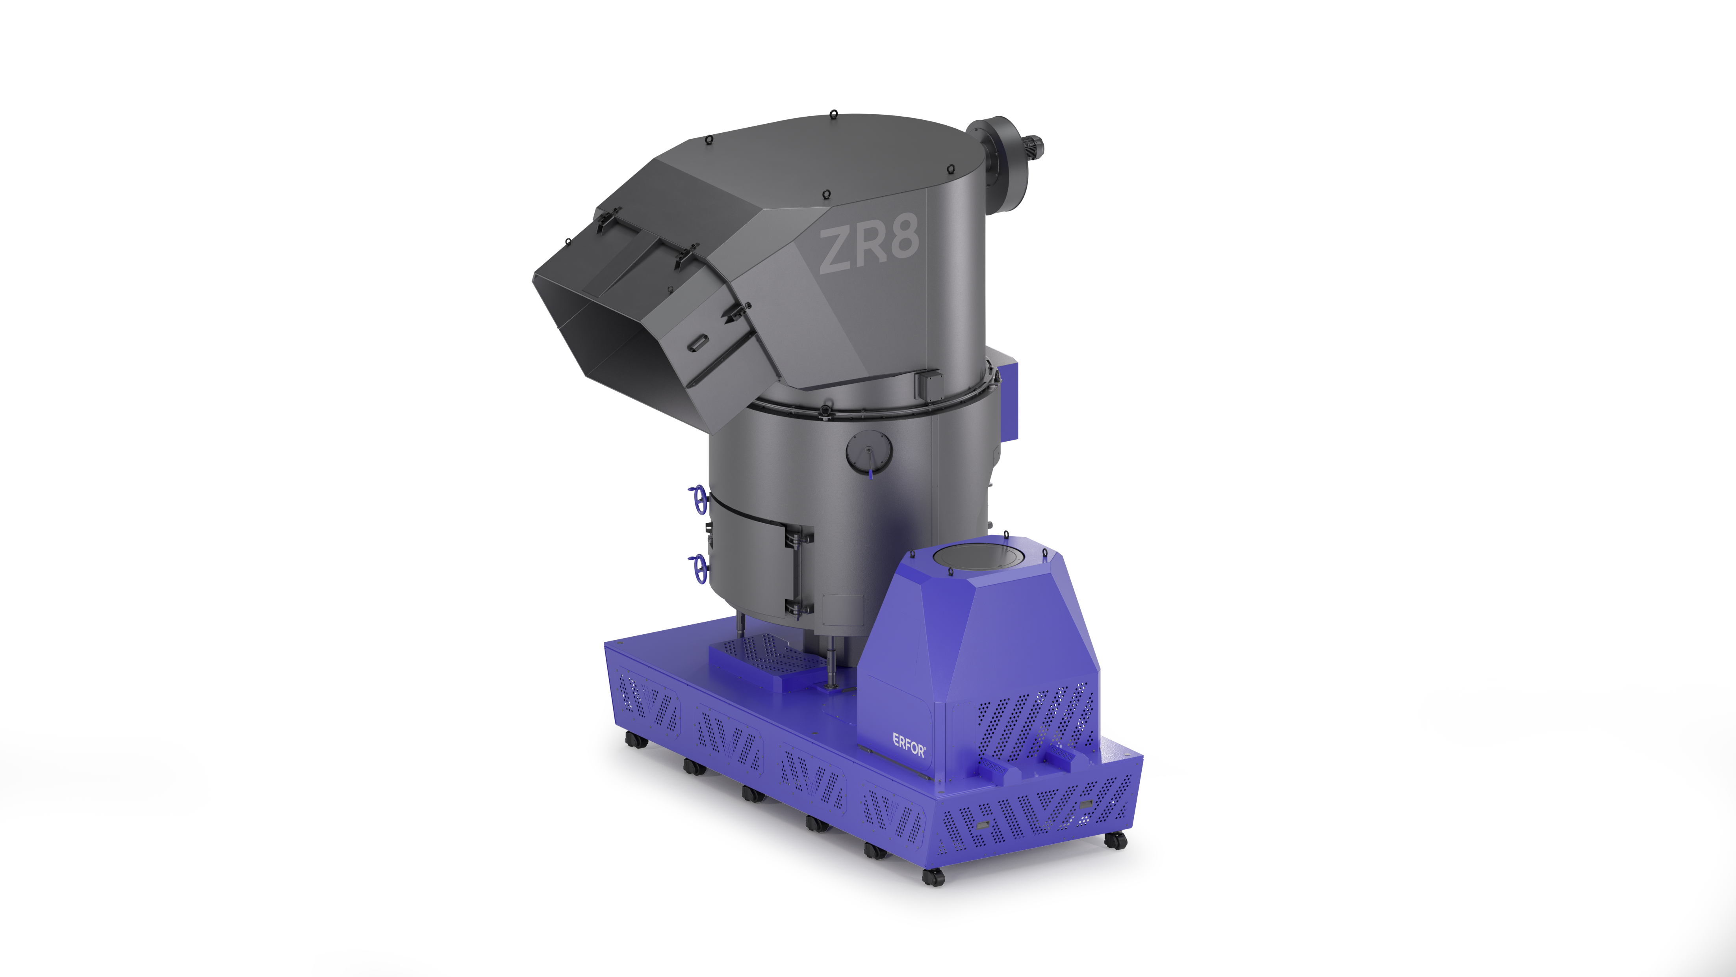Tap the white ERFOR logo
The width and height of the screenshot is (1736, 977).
(909, 745)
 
